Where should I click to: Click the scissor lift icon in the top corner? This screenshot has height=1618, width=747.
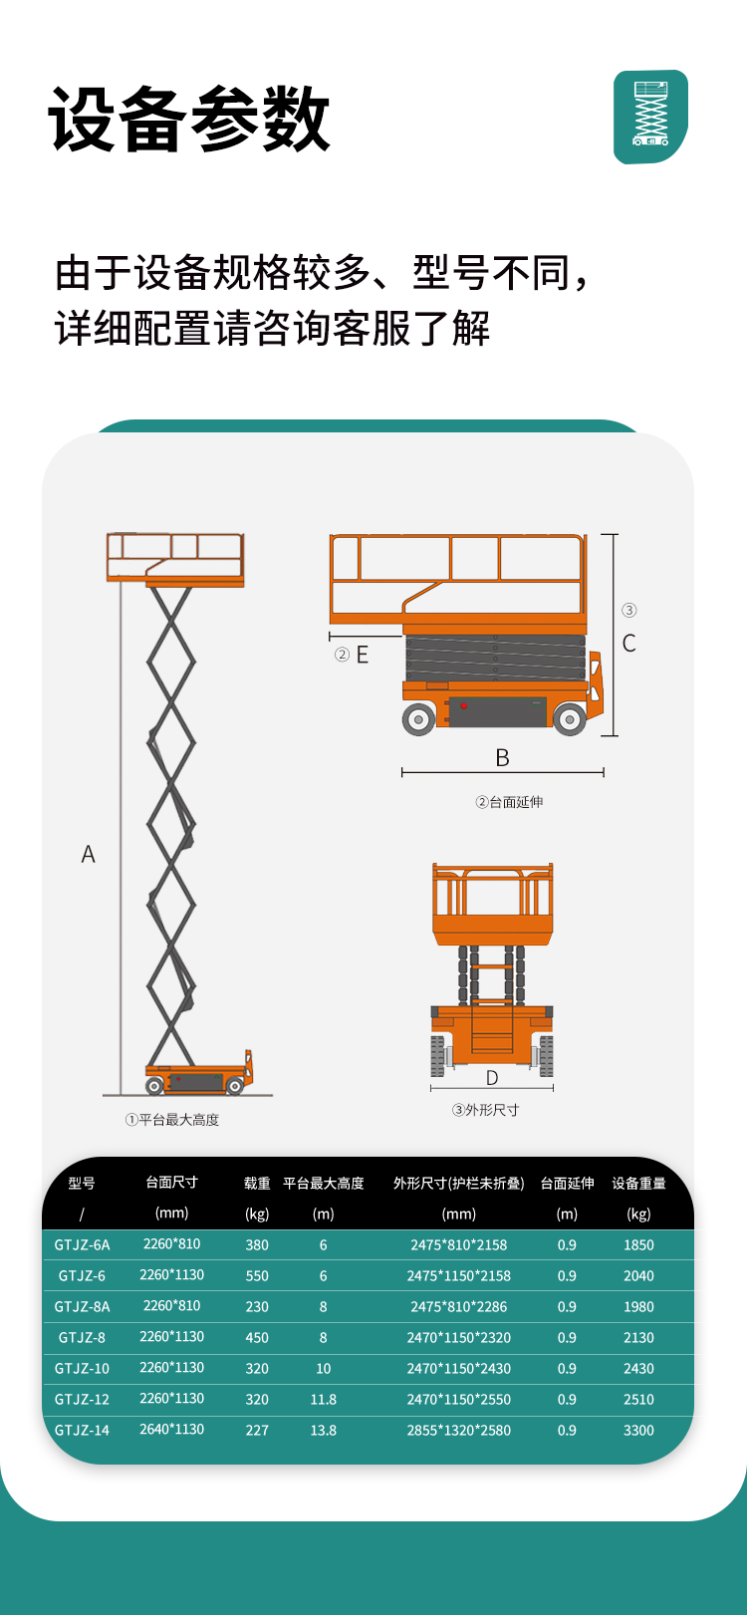(x=650, y=117)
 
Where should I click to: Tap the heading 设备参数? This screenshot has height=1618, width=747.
(x=189, y=119)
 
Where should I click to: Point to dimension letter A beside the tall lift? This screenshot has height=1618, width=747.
(x=88, y=854)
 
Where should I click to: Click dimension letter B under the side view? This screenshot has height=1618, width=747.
(x=503, y=758)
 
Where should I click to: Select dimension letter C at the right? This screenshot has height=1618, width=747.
(x=629, y=643)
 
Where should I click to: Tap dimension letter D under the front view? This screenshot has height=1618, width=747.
(x=492, y=1078)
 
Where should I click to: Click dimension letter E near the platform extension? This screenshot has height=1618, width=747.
(x=362, y=655)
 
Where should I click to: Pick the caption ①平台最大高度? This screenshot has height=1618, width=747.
(x=172, y=1120)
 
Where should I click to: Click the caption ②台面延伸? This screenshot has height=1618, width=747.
(x=509, y=802)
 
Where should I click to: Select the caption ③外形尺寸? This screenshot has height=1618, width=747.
(x=485, y=1110)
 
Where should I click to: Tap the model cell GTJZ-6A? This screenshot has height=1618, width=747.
(x=83, y=1244)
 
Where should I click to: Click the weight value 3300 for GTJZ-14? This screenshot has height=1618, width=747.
(x=638, y=1431)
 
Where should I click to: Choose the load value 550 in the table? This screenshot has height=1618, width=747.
(x=257, y=1275)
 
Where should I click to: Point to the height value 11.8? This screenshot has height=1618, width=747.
(x=324, y=1399)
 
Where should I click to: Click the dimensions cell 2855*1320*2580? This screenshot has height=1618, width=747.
(x=459, y=1431)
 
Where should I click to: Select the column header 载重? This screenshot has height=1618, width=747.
(x=257, y=1184)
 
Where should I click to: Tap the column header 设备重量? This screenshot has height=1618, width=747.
(x=638, y=1184)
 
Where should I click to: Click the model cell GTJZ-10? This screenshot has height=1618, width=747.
(x=83, y=1368)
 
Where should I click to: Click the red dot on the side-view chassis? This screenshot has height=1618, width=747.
(x=464, y=705)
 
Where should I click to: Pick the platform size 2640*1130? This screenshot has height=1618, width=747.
(x=172, y=1429)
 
